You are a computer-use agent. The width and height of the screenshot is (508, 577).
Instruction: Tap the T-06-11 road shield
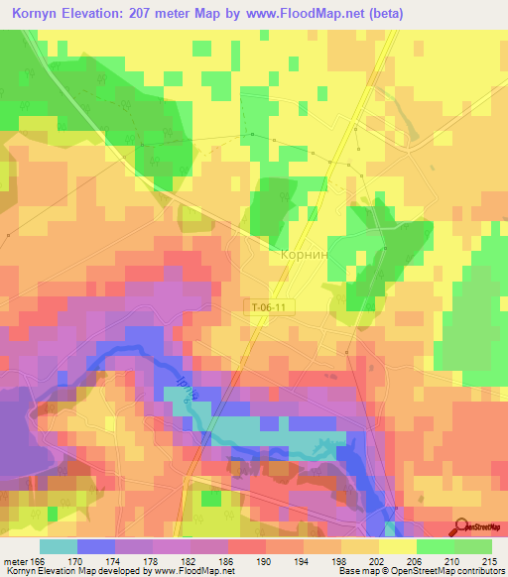pos(268,308)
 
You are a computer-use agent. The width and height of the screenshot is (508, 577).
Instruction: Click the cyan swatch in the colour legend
pos(58,546)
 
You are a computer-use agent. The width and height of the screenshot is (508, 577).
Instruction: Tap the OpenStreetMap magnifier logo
pos(459,527)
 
